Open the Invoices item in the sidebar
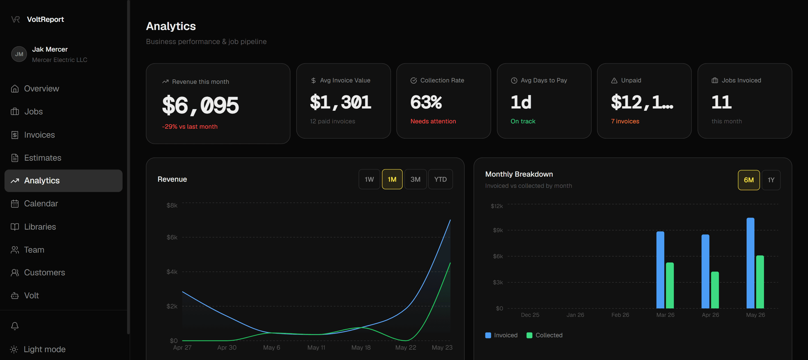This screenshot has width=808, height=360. [33, 135]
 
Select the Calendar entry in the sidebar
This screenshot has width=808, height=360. [34, 204]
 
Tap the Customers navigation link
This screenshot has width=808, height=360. [38, 273]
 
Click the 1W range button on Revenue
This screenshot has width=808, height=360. [369, 179]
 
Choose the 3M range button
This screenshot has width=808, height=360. [415, 179]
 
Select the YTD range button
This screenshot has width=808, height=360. [440, 179]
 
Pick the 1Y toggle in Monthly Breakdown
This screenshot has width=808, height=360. [771, 180]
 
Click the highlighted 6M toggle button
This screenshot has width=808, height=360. [749, 180]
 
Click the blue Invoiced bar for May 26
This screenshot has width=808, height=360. [750, 263]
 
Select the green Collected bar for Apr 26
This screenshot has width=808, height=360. [715, 290]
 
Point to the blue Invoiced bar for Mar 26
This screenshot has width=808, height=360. [660, 270]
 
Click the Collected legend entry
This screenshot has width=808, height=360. [545, 335]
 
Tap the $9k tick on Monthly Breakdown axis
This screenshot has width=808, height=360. [498, 230]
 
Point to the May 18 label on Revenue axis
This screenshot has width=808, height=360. [361, 347]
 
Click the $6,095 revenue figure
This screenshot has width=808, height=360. [200, 105]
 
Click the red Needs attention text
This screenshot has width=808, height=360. [433, 121]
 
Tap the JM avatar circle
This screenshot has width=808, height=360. [19, 54]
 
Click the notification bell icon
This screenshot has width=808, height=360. [15, 326]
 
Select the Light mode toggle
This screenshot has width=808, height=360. [38, 349]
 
